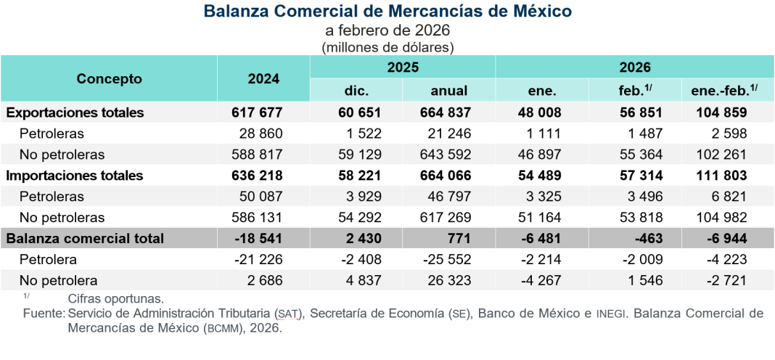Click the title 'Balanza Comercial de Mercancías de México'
point(387,11)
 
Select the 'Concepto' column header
point(110,79)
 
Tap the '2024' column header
point(263,79)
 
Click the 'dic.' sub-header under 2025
point(356,91)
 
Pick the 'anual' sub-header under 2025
point(449,91)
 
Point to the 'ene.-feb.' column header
point(720,91)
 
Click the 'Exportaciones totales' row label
point(75,112)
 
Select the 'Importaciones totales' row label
point(75,176)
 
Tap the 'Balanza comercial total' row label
point(85,238)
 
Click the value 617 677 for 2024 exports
point(257,112)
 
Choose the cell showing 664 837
point(446,112)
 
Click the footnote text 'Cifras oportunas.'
point(116,298)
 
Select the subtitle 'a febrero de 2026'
point(387,30)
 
